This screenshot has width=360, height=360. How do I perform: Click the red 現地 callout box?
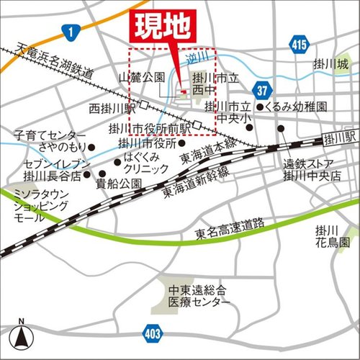[x=161, y=27]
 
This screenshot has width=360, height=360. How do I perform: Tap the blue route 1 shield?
[x=71, y=31]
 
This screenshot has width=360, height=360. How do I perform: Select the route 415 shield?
[x=300, y=45]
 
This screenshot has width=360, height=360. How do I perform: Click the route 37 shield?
[x=264, y=89]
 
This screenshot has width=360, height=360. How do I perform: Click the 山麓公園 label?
[x=143, y=77]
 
